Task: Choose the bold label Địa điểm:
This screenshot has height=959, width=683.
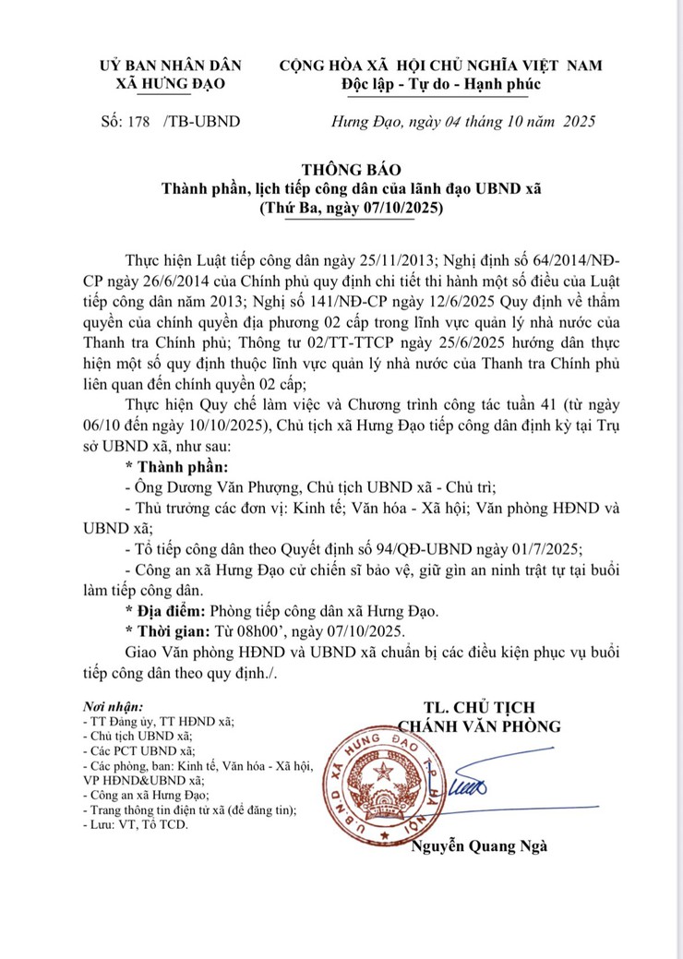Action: point(166,610)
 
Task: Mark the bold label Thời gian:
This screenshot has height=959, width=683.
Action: point(167,630)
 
